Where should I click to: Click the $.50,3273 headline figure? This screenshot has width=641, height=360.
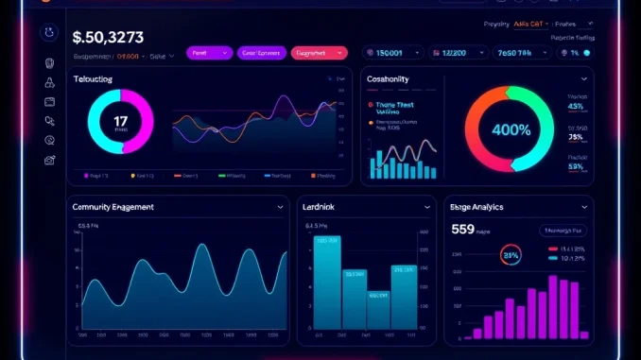(108, 38)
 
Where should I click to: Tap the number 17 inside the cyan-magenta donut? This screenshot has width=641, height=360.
(120, 121)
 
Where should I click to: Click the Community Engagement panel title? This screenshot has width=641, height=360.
(113, 205)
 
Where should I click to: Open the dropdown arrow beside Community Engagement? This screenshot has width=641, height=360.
(280, 205)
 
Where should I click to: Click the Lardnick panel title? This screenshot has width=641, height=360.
(323, 205)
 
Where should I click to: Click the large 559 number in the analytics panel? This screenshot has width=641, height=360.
(463, 228)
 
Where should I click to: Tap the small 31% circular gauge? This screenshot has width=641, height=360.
(511, 254)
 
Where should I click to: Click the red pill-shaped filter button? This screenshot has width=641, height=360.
(319, 54)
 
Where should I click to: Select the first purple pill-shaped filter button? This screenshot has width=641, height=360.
(209, 54)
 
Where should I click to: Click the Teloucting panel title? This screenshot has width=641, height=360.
(93, 79)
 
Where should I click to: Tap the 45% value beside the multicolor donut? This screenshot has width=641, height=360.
(576, 107)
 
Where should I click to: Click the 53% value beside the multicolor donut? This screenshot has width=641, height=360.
(576, 166)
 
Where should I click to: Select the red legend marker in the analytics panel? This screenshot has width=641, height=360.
(552, 248)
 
